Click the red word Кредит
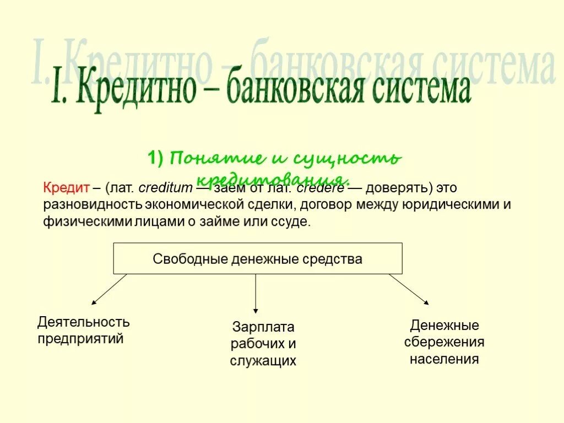coord(66,187)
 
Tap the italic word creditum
coord(165,187)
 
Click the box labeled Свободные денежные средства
coord(258,258)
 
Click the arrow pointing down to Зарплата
coord(256,295)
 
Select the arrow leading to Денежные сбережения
coord(409,289)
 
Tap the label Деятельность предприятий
coord(83,330)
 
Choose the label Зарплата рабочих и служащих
coord(263,344)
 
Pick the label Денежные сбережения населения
coord(444,342)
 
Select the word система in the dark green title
coord(422,89)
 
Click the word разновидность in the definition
coord(94,205)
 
